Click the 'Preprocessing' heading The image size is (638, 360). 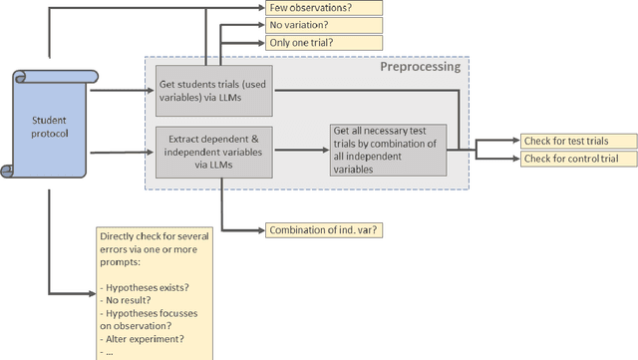coord(419,67)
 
